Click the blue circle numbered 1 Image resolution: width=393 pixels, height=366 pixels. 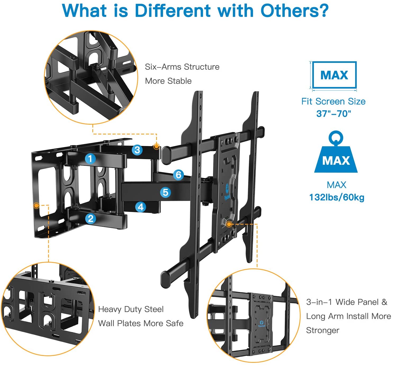tap(90, 159)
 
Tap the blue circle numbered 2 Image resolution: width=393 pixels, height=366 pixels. tap(91, 218)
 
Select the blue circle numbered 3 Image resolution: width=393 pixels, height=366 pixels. tap(137, 150)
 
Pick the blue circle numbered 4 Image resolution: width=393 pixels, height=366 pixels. tap(141, 207)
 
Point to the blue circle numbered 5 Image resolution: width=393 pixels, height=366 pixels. tap(165, 192)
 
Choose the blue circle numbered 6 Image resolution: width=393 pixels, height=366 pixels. tap(179, 175)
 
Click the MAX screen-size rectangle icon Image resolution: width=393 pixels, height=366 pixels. tap(334, 75)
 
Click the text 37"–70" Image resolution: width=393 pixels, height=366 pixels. tap(333, 114)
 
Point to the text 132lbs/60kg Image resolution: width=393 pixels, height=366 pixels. tap(337, 197)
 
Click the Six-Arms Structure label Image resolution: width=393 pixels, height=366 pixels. tap(182, 67)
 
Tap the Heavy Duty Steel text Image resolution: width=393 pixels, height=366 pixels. tap(131, 309)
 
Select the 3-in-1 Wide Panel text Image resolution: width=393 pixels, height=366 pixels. tap(346, 302)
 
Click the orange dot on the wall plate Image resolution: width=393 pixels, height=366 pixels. tap(37, 206)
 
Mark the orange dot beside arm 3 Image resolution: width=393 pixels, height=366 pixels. tap(156, 146)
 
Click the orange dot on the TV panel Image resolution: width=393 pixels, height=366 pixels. tap(229, 224)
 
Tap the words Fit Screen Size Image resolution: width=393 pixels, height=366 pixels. tap(333, 101)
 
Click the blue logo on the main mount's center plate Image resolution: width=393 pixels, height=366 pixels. tap(227, 189)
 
